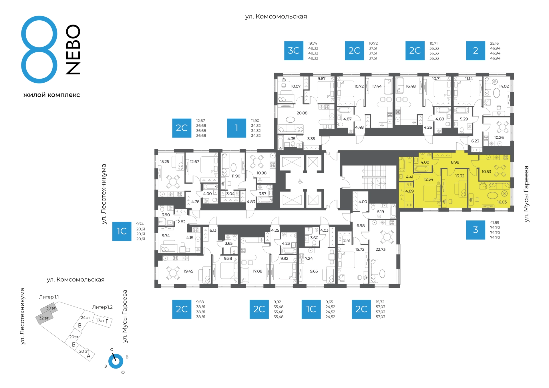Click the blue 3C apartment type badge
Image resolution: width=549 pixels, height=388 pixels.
(x=294, y=51)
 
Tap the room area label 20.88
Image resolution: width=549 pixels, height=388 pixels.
(x=302, y=113)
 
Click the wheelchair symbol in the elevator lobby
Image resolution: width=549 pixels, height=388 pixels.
(x=300, y=181)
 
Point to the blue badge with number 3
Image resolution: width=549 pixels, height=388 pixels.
(x=476, y=230)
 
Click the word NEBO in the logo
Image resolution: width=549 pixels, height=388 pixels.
(x=73, y=49)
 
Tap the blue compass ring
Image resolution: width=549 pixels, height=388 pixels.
(x=116, y=361)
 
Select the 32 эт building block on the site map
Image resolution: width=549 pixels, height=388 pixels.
(x=44, y=318)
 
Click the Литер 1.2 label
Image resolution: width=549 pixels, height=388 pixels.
(x=102, y=307)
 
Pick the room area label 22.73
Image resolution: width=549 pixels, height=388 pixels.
(x=380, y=249)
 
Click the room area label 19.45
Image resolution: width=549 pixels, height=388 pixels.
(x=188, y=271)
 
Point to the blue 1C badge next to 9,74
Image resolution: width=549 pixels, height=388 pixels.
(x=122, y=231)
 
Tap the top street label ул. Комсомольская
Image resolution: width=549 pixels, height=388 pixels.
(x=276, y=17)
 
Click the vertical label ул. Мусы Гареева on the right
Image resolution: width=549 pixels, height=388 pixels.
(x=526, y=194)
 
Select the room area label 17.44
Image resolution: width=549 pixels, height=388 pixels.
(x=377, y=86)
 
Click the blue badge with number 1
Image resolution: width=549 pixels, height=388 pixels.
(x=236, y=128)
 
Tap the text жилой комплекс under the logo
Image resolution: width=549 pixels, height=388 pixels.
(x=52, y=95)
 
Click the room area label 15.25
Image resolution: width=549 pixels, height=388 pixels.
(x=164, y=162)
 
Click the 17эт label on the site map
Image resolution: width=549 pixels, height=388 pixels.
(x=100, y=321)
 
